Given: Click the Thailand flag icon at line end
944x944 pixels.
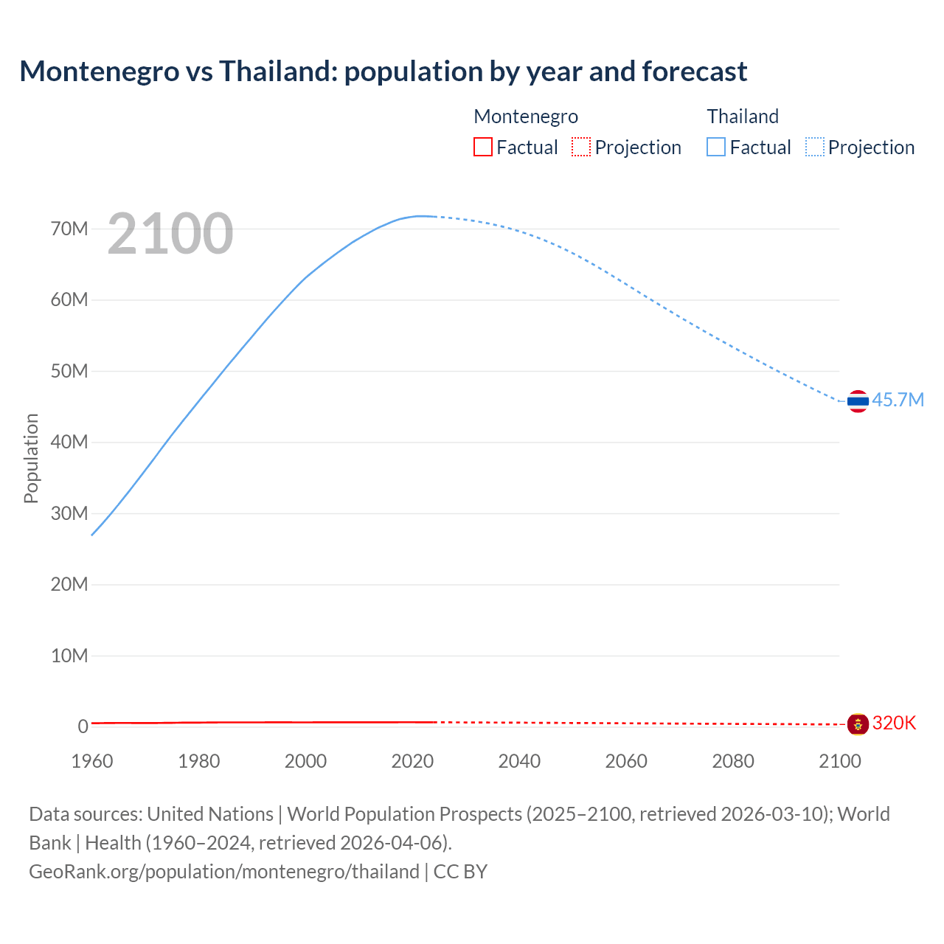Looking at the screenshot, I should pyautogui.click(x=858, y=401).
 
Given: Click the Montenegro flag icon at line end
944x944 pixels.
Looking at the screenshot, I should pyautogui.click(x=858, y=724).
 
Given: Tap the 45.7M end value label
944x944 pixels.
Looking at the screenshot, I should pyautogui.click(x=898, y=400).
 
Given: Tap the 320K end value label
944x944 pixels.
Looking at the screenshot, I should pyautogui.click(x=894, y=723).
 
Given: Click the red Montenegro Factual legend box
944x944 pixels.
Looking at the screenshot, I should pyautogui.click(x=482, y=147).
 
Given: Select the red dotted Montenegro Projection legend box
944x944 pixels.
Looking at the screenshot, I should pyautogui.click(x=581, y=147).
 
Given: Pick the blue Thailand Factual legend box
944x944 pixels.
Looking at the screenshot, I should pyautogui.click(x=715, y=147).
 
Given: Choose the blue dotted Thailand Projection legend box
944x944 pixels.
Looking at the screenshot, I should pyautogui.click(x=815, y=147).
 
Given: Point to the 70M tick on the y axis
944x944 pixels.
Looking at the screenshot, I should pyautogui.click(x=69, y=229).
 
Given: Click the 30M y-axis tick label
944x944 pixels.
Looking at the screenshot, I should pyautogui.click(x=69, y=513).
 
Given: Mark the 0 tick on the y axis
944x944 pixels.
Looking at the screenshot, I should pyautogui.click(x=83, y=726).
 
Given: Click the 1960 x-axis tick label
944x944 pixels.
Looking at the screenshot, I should pyautogui.click(x=92, y=761).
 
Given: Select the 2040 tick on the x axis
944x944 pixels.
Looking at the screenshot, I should pyautogui.click(x=519, y=761).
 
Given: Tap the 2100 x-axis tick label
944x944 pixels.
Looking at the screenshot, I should pyautogui.click(x=839, y=761).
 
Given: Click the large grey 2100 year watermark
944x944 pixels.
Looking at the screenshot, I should pyautogui.click(x=170, y=234).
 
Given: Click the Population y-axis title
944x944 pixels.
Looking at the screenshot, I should pyautogui.click(x=31, y=458).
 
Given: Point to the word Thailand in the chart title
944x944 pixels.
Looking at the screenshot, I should pyautogui.click(x=277, y=72).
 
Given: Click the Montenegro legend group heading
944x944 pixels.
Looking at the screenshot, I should pyautogui.click(x=526, y=117).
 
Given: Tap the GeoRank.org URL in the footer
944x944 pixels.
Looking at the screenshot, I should pyautogui.click(x=224, y=872).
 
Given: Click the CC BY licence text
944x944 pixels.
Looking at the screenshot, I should pyautogui.click(x=460, y=872).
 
